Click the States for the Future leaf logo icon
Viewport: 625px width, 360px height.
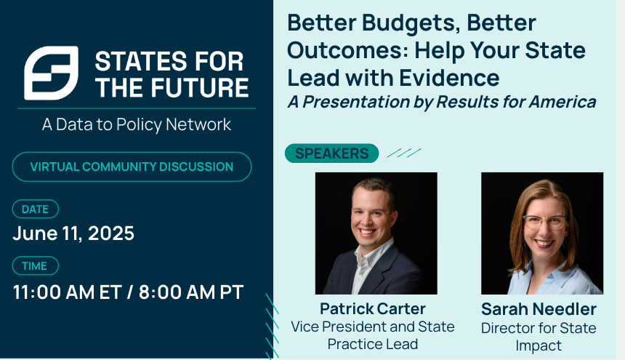51,73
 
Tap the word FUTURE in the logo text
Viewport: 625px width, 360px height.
199,88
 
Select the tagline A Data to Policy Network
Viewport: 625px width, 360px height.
137,124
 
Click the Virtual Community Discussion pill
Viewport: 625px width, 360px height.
132,167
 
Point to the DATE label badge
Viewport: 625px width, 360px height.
36,209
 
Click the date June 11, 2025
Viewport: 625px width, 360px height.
73,233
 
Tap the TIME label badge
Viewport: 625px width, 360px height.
36,266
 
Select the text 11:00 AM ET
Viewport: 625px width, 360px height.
67,292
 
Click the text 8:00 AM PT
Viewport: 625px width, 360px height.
191,292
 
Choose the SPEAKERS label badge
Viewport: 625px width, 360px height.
331,153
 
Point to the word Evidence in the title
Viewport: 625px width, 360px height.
449,77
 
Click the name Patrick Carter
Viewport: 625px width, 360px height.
373,308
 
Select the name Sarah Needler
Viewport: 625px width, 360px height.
539,309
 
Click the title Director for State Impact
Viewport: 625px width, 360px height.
539,337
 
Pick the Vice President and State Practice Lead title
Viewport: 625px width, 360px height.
373,335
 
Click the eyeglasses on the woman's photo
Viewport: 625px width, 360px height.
545,222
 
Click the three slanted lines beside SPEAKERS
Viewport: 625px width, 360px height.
404,153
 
